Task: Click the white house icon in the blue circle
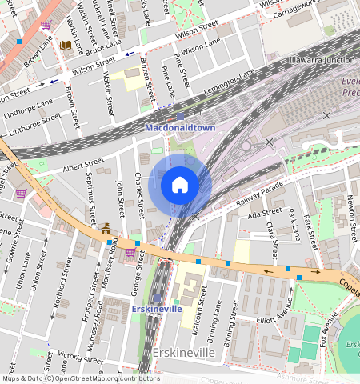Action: pyautogui.click(x=180, y=186)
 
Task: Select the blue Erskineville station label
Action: pyautogui.click(x=157, y=309)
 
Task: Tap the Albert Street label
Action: pyautogui.click(x=83, y=166)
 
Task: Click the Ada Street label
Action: pyautogui.click(x=266, y=214)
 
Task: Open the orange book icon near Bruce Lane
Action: pyautogui.click(x=65, y=45)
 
